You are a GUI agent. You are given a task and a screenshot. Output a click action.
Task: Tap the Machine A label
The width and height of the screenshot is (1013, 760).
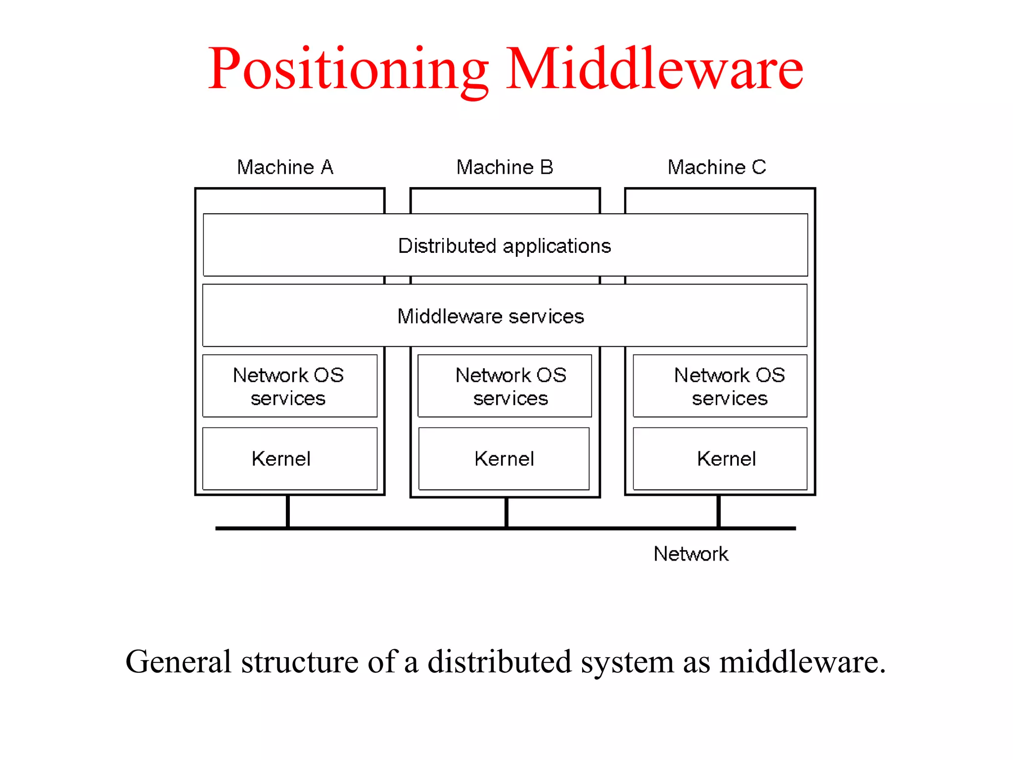click(285, 167)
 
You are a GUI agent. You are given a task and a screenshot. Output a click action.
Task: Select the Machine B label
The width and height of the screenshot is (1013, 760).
click(505, 167)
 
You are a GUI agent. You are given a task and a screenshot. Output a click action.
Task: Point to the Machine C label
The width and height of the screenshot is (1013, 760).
click(717, 167)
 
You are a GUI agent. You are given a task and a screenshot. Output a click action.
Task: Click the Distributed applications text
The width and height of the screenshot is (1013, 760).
click(505, 246)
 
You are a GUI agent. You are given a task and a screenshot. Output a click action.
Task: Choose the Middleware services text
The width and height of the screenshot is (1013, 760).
click(491, 316)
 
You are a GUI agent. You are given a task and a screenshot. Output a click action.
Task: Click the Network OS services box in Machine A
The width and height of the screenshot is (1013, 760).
click(289, 386)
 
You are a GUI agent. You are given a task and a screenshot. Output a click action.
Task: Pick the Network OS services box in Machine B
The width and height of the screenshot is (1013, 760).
click(505, 386)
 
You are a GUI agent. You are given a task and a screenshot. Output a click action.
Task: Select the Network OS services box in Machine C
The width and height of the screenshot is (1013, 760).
click(720, 386)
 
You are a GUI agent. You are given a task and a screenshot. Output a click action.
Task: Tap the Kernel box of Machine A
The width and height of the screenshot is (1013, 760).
click(289, 459)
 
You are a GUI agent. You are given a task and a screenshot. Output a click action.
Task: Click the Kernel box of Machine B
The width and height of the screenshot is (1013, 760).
click(504, 459)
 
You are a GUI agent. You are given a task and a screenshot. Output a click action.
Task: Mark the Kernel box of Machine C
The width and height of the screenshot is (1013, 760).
click(720, 459)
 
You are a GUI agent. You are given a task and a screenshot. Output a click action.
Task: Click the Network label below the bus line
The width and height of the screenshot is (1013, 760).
click(691, 554)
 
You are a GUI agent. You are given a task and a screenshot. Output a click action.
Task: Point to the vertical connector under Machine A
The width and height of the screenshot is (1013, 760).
click(288, 511)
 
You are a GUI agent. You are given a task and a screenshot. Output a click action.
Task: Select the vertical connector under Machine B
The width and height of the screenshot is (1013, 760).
click(506, 512)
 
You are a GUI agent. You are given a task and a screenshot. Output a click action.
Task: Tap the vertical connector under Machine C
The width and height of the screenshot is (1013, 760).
click(719, 511)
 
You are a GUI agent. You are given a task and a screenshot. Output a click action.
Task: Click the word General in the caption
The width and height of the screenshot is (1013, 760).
click(179, 662)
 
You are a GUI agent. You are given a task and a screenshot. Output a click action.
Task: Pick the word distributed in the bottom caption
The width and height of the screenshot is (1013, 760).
click(500, 662)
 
